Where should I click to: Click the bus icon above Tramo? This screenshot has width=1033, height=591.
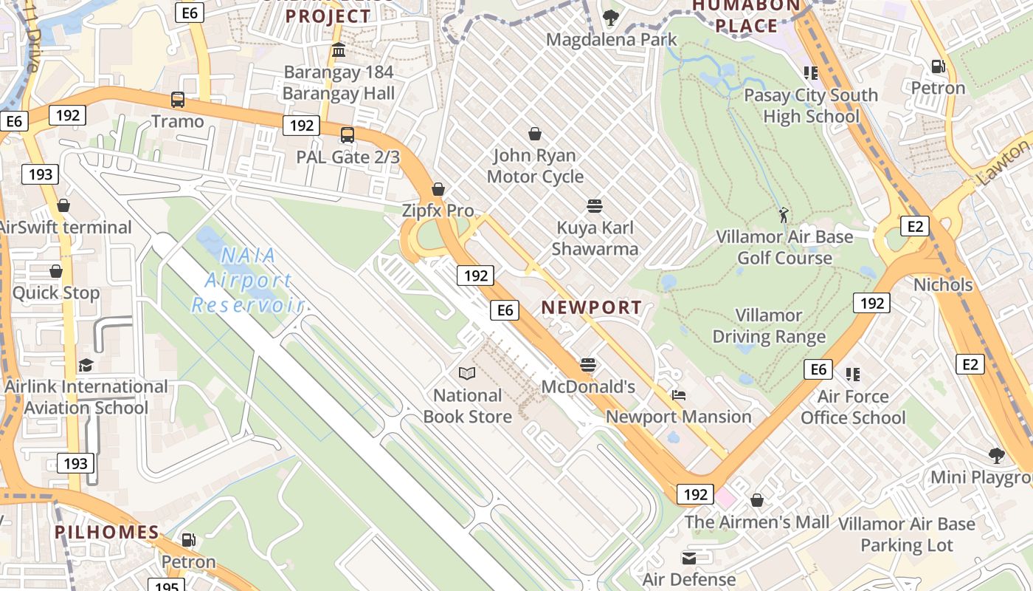coord(177,100)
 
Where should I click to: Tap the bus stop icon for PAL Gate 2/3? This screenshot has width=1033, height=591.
coord(347,135)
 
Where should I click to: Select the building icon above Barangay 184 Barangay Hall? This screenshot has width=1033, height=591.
coord(339,50)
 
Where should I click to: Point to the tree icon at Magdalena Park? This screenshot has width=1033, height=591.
coord(610,17)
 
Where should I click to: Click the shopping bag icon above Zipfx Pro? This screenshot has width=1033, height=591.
coord(438,189)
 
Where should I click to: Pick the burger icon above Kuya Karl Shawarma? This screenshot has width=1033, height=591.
coord(594,205)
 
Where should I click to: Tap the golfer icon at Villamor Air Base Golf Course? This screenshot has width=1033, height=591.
coord(784,215)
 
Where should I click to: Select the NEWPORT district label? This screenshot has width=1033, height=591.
coord(592,307)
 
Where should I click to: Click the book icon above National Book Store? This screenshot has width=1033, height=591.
coord(466,374)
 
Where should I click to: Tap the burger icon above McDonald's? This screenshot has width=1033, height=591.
coord(587,365)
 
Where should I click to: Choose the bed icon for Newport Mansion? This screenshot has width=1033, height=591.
coord(678,395)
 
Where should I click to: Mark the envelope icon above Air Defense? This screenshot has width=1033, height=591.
coord(688,558)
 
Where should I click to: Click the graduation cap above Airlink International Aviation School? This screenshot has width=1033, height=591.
coord(86,366)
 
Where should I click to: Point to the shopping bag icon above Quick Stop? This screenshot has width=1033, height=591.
coord(56,272)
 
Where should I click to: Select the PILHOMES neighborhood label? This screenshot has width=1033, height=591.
coord(107,532)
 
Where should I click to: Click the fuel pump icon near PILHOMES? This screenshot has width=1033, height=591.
coord(188,540)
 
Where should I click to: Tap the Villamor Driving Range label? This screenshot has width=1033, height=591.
coord(769,326)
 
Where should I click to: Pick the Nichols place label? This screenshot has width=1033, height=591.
coord(943,284)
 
